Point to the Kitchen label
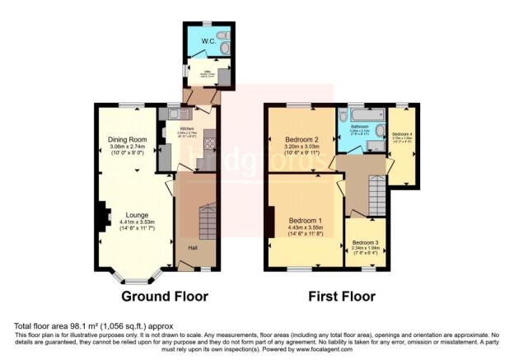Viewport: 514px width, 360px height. click(185, 129)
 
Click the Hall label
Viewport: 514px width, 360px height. click(192, 248)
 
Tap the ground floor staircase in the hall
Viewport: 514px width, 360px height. click(206, 219)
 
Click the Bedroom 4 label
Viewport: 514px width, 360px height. click(402, 134)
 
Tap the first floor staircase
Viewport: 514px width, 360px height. click(376, 196)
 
